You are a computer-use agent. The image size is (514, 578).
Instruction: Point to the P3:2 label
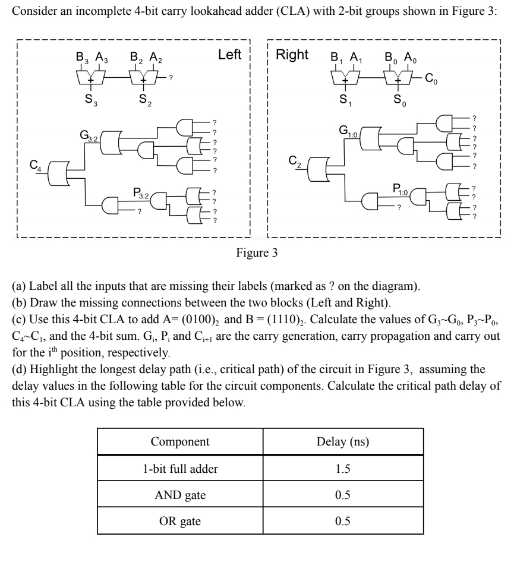pos(143,192)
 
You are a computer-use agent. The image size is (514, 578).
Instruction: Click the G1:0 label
pos(349,130)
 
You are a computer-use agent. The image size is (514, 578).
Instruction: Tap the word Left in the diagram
pos(229,55)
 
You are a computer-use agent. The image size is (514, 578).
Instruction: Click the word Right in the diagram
pos(292,55)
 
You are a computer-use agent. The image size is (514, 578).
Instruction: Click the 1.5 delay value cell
pos(342,469)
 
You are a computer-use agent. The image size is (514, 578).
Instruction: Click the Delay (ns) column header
pos(342,442)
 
